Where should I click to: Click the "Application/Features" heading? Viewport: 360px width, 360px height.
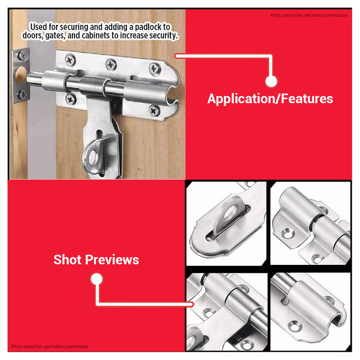(270, 99)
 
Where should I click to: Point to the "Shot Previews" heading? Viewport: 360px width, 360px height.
(96, 260)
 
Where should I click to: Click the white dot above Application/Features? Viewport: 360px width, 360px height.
(272, 81)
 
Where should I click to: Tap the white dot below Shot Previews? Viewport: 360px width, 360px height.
(97, 279)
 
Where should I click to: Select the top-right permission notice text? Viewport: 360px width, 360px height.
(309, 15)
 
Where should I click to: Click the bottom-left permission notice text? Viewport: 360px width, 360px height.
(49, 347)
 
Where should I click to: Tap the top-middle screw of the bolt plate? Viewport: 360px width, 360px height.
(112, 64)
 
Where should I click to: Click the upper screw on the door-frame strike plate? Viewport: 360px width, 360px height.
(22, 55)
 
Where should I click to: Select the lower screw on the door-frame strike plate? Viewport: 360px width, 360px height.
(22, 94)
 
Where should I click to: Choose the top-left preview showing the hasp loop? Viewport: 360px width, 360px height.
(227, 223)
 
